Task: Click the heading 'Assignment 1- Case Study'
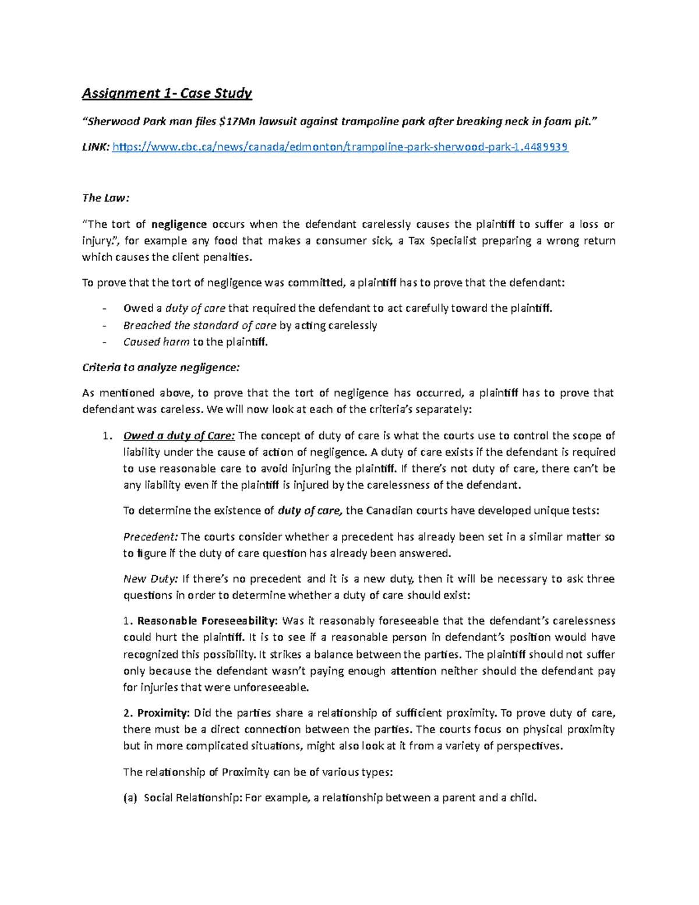(167, 93)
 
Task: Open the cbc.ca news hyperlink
(340, 147)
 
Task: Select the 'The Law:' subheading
(105, 198)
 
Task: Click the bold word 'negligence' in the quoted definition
(179, 224)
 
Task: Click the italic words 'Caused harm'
(156, 342)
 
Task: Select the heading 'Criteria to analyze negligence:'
(161, 368)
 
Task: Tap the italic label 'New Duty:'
(150, 579)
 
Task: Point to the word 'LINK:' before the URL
(95, 147)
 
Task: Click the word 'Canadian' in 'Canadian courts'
(390, 510)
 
